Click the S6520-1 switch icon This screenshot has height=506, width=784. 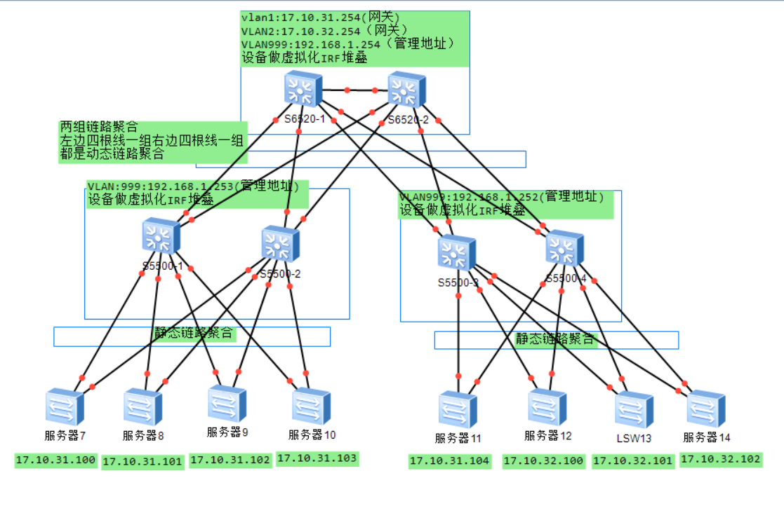tap(303, 90)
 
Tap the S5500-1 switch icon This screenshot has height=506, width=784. tap(161, 236)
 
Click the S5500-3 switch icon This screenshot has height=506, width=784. tap(457, 253)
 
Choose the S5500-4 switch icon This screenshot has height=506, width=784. tap(565, 247)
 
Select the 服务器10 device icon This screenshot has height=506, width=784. tap(312, 406)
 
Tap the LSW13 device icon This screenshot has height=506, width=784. tap(634, 410)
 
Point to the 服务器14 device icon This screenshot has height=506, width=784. tap(706, 409)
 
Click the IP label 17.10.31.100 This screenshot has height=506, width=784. tap(55, 460)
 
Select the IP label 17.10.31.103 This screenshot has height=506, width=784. tap(317, 458)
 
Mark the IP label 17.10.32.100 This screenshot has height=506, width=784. tap(543, 461)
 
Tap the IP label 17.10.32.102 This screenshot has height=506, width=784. tap(720, 460)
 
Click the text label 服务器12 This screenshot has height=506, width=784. tap(548, 436)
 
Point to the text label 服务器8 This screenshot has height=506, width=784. tap(143, 436)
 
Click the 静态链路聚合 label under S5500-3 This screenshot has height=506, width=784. tap(556, 340)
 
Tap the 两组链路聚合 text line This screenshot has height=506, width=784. tap(99, 127)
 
